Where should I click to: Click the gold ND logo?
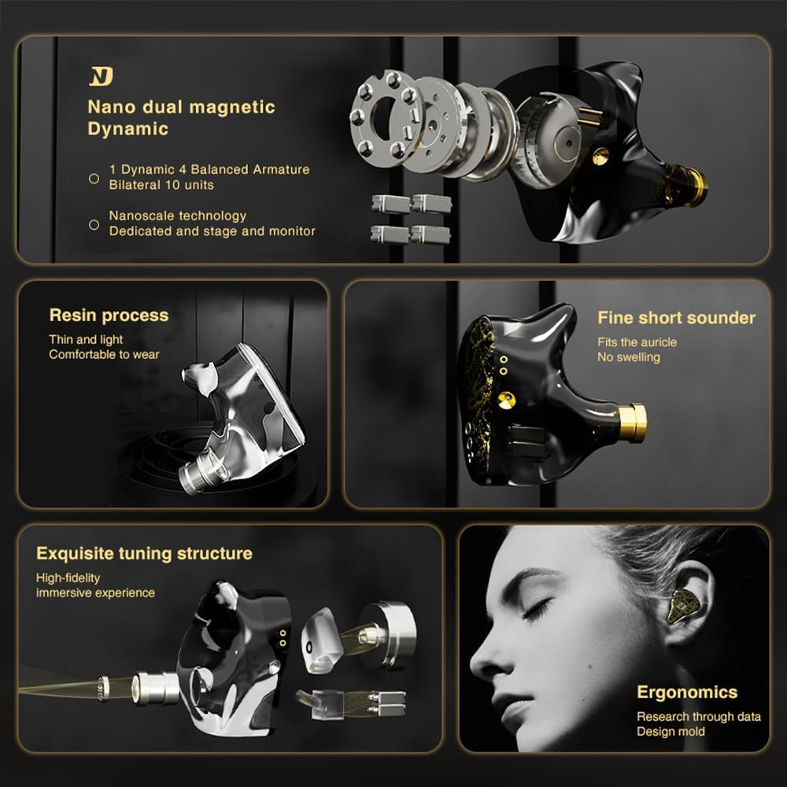coord(102,76)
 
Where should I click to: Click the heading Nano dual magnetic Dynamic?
coord(181,117)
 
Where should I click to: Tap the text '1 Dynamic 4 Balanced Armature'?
coord(209,169)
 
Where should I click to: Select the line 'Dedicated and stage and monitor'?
coord(212,231)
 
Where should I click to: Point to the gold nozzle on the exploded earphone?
coord(688,184)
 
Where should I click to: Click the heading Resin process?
coord(109,315)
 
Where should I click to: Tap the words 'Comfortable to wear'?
coord(104,354)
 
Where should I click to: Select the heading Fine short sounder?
coord(676,318)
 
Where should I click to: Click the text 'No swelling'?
coord(628,357)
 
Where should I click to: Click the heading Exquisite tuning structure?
coord(144,553)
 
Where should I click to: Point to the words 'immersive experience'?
coord(95,593)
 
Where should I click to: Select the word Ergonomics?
coord(687,693)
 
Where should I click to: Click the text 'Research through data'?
coord(698,716)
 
